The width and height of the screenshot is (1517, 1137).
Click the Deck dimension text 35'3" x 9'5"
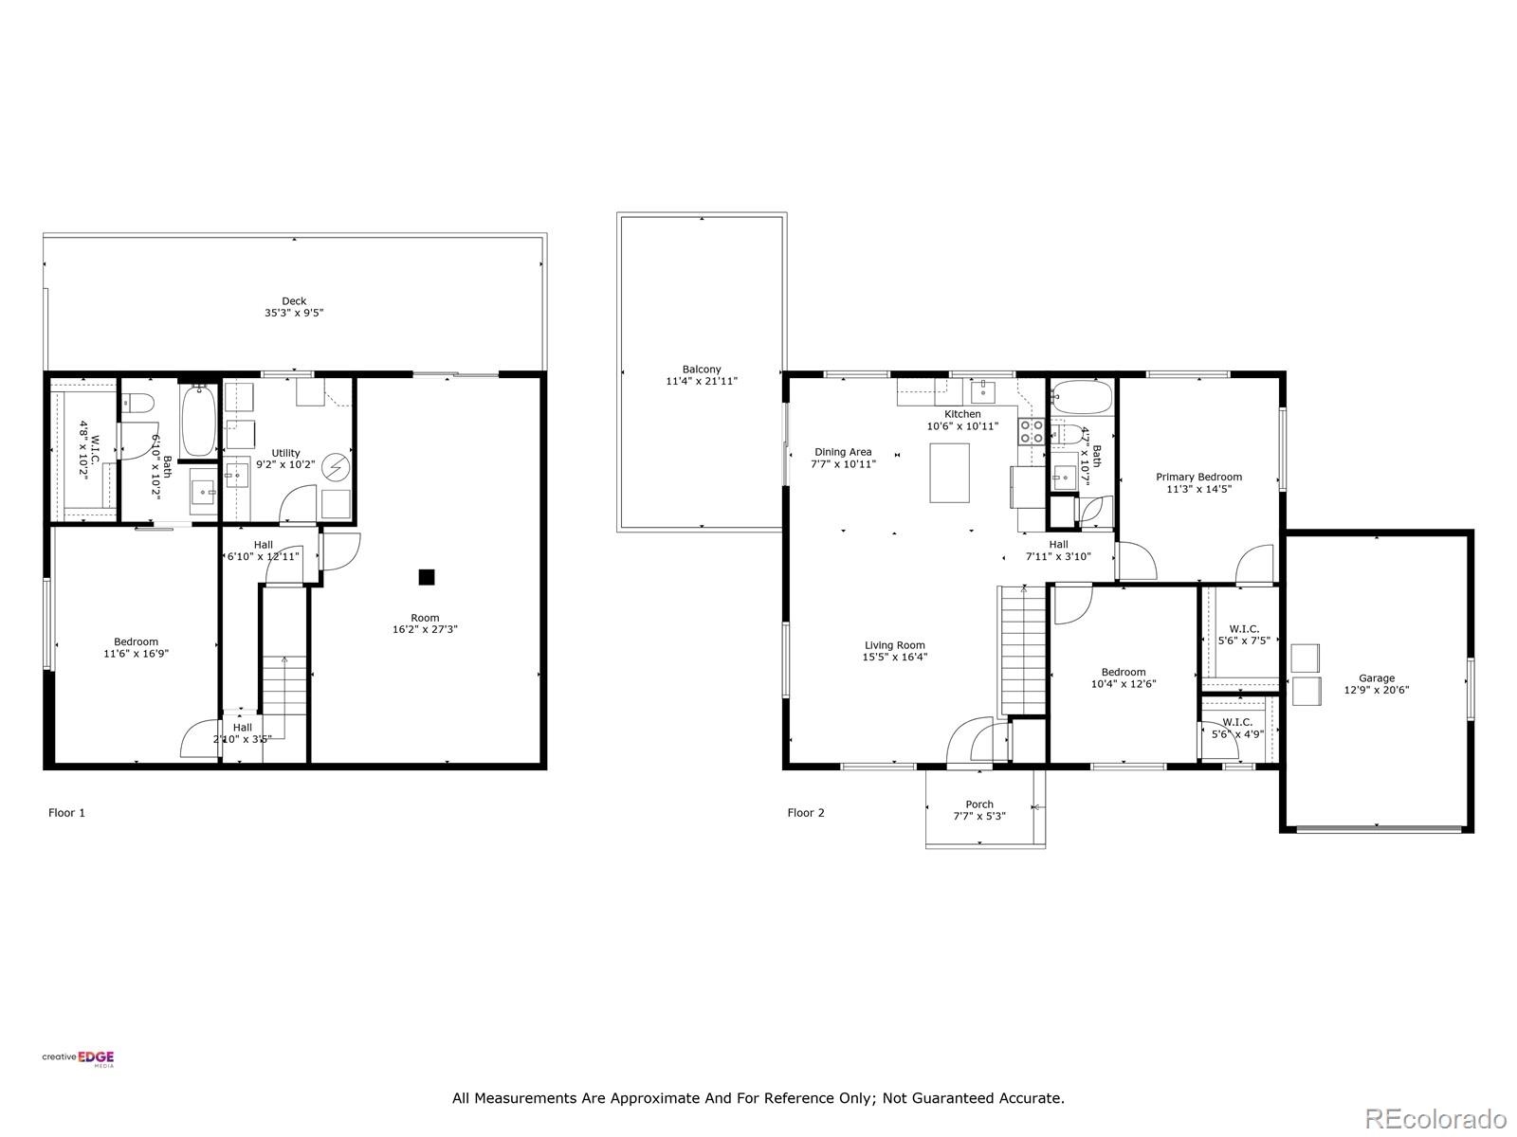[x=294, y=313]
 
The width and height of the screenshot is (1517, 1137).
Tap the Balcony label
[x=702, y=370]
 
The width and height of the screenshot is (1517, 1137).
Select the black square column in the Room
[x=427, y=576]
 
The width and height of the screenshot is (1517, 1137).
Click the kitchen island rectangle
[x=949, y=472]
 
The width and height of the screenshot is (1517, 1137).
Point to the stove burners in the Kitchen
[x=1032, y=432]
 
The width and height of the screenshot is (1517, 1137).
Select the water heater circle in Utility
[x=336, y=467]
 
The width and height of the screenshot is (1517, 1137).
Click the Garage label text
[x=1377, y=677]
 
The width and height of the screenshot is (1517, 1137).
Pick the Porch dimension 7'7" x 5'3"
[x=979, y=816]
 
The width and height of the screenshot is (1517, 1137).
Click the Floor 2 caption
[x=806, y=812]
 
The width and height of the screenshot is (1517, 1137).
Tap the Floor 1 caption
[x=66, y=812]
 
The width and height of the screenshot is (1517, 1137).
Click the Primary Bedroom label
[x=1198, y=477]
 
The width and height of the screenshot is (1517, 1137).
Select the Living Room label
[x=894, y=645]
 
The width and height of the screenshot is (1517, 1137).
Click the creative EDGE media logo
[x=79, y=1058]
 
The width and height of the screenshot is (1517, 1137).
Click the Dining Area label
[x=843, y=452]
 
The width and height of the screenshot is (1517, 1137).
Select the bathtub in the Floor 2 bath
[x=1082, y=398]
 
